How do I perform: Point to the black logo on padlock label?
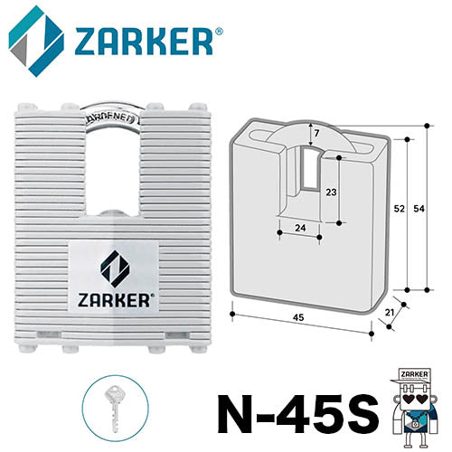[x=114, y=267]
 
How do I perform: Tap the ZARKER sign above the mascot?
[x=412, y=373]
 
